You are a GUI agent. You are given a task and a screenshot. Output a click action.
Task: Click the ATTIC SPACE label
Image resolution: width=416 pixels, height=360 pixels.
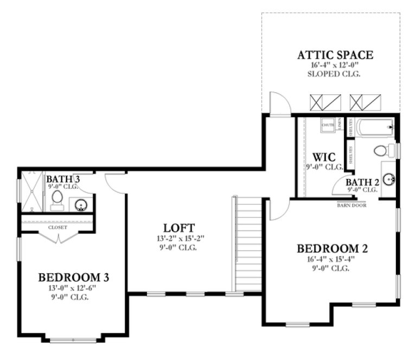coord(335,55)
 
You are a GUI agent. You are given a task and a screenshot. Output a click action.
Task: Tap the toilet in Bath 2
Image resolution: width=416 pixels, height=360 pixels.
coord(380,151)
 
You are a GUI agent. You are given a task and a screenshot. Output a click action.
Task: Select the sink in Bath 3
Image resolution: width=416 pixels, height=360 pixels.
coord(81,204)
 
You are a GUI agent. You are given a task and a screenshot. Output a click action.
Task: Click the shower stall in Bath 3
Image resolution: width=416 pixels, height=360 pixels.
coord(31,192)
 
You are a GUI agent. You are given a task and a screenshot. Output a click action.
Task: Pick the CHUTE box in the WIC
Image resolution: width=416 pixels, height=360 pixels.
coord(328,125)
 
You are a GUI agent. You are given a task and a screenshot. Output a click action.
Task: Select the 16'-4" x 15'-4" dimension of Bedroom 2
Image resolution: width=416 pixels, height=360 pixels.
coord(333,259)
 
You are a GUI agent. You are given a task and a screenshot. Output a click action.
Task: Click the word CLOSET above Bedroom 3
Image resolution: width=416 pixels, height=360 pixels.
coord(58,228)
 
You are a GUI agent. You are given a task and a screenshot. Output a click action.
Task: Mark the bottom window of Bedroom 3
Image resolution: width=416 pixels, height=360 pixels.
coord(73,340)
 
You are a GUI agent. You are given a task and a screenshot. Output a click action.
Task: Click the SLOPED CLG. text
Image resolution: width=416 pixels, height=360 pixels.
coord(335,74)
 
